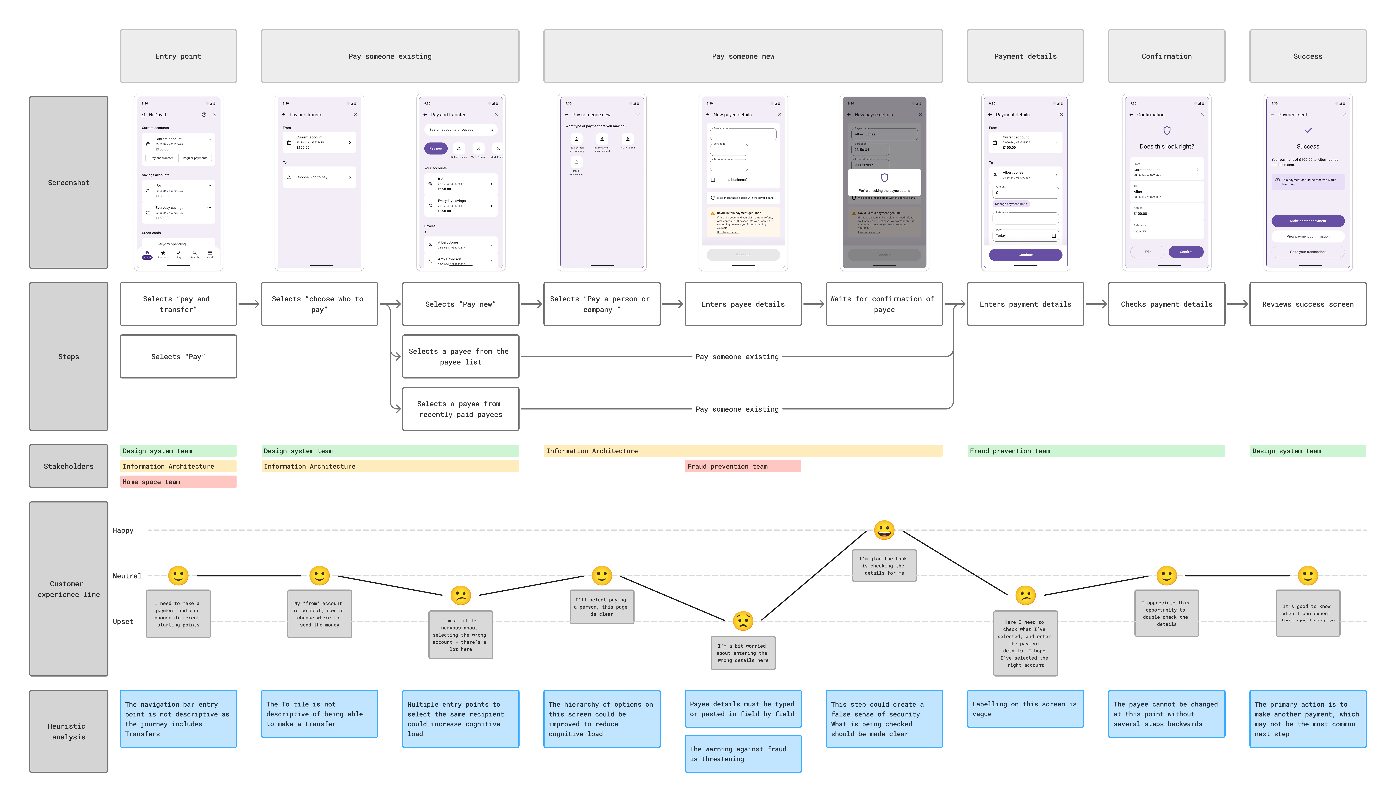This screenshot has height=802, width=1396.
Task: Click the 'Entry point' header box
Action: pyautogui.click(x=178, y=56)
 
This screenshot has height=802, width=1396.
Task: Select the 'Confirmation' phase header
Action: pyautogui.click(x=1166, y=56)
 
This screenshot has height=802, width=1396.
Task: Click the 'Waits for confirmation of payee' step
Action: pyautogui.click(x=884, y=304)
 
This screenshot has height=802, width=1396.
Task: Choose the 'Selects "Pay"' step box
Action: pyautogui.click(x=178, y=356)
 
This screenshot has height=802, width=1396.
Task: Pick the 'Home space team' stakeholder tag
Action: pyautogui.click(x=178, y=482)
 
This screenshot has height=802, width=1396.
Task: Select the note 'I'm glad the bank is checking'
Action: pyautogui.click(x=884, y=566)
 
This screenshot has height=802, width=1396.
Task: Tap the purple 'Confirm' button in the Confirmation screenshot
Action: pyautogui.click(x=1186, y=252)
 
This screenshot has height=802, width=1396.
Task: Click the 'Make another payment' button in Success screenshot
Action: pyautogui.click(x=1308, y=221)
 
